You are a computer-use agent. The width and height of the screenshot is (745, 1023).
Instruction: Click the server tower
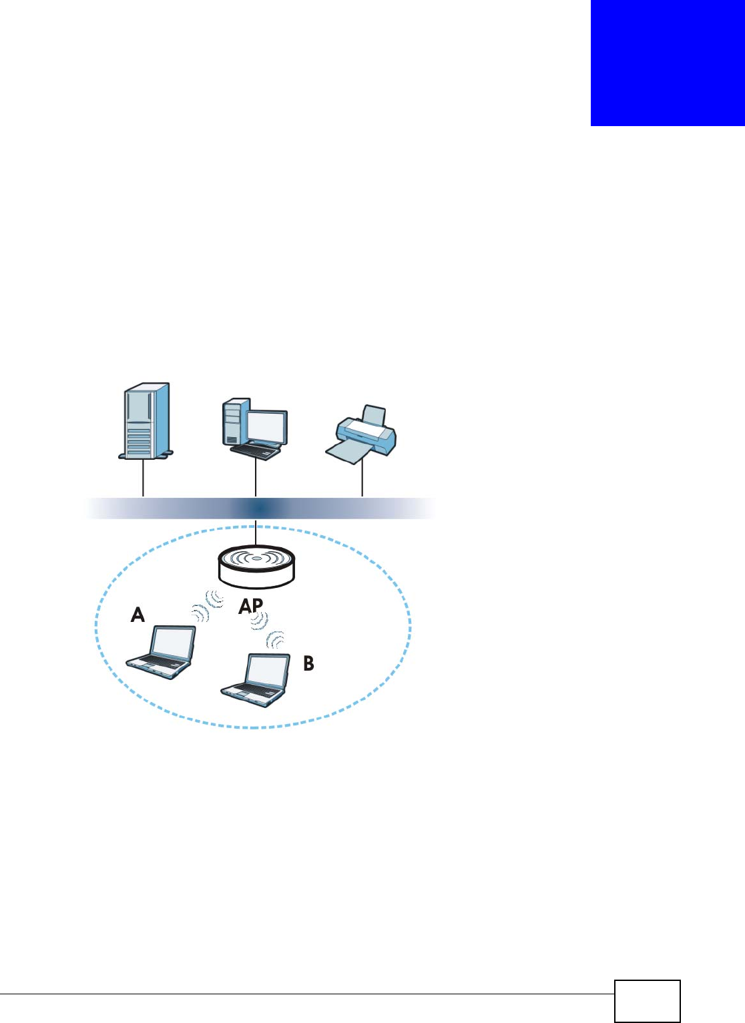(146, 421)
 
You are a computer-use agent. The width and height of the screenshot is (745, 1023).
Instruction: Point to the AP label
(251, 605)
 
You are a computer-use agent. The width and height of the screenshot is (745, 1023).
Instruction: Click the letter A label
(138, 614)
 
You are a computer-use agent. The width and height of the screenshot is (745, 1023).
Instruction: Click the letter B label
(308, 663)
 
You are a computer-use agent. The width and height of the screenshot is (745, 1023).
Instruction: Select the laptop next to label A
(162, 652)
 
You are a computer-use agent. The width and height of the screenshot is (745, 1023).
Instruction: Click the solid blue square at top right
(668, 63)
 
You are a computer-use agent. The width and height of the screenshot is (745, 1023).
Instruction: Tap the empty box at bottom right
(647, 1001)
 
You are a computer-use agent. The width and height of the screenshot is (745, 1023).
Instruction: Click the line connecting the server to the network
(144, 478)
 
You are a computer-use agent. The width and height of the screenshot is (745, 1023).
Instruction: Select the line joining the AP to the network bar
(256, 533)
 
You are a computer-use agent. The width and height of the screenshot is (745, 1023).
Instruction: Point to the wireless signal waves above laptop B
(267, 631)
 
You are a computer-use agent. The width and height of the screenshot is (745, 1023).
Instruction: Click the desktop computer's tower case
(235, 422)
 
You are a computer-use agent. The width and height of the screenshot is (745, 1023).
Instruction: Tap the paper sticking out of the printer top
(373, 415)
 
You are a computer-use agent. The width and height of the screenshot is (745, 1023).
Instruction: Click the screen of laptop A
(172, 643)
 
